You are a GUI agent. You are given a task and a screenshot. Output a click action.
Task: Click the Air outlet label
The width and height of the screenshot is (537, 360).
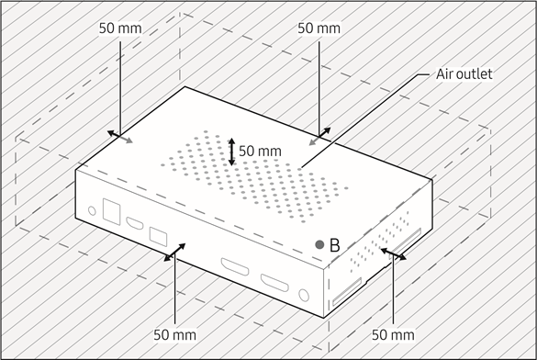pyautogui.click(x=465, y=73)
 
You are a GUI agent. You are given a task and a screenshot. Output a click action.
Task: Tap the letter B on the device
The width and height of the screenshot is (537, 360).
pyautogui.click(x=335, y=245)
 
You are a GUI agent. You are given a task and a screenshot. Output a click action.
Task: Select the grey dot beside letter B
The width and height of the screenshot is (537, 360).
pyautogui.click(x=319, y=245)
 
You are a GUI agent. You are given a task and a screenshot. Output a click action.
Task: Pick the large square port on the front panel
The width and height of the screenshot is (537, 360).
pyautogui.click(x=115, y=209)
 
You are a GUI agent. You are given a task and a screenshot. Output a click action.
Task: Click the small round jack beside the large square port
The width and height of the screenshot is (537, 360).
pyautogui.click(x=91, y=210)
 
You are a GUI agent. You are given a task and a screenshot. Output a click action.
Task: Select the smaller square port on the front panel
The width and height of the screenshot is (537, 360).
pyautogui.click(x=157, y=236)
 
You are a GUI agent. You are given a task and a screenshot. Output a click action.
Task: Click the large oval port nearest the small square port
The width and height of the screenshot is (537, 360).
pyautogui.click(x=234, y=269)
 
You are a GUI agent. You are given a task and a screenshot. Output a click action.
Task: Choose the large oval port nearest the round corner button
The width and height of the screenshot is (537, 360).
pyautogui.click(x=273, y=283)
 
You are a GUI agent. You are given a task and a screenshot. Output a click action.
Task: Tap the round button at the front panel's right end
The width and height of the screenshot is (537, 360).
pyautogui.click(x=305, y=296)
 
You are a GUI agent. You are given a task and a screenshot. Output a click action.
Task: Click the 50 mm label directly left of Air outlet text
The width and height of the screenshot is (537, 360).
pyautogui.click(x=319, y=28)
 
